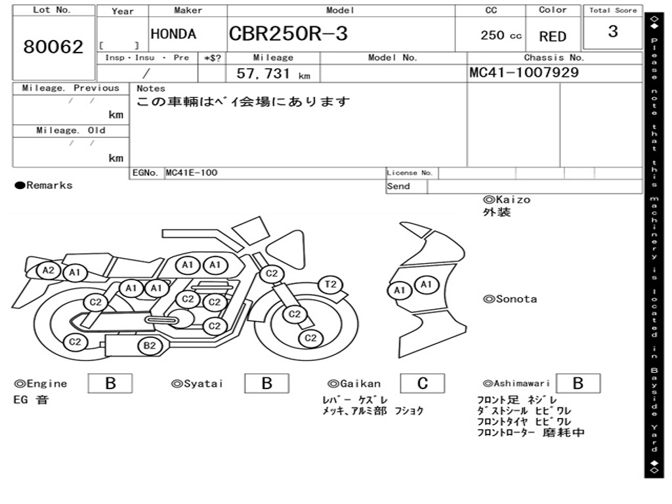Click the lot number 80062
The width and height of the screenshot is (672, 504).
point(53,47)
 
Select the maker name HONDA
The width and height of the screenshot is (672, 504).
point(173,34)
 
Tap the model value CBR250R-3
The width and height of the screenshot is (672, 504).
point(288,34)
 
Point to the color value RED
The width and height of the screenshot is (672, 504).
point(553,37)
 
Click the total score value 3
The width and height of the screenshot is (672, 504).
point(613,31)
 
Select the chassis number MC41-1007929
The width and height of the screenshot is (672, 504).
point(524,72)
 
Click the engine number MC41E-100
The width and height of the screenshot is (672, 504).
point(192,173)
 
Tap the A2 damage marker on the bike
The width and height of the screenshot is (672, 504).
point(48,270)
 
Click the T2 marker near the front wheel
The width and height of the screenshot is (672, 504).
point(331,284)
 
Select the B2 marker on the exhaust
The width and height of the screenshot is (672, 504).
point(150,346)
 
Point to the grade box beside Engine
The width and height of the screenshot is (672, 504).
point(110,383)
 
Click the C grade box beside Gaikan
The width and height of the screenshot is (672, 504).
point(423,383)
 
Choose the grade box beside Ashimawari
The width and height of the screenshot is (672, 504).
point(578,383)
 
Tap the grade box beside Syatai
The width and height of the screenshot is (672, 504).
point(266,383)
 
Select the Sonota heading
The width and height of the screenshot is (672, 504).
point(510,299)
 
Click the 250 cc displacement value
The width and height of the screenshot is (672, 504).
point(501,35)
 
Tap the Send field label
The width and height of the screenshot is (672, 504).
point(398,186)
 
